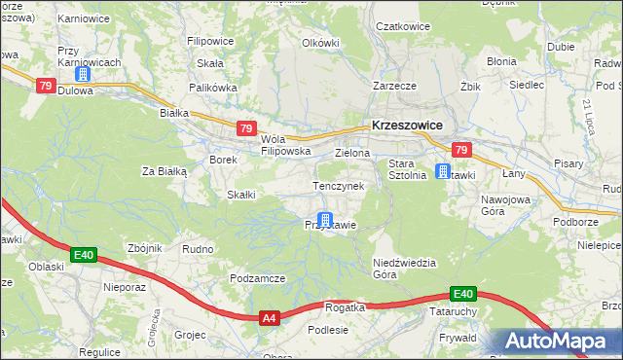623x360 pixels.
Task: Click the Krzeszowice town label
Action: (x=407, y=126)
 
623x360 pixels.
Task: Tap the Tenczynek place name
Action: (x=338, y=185)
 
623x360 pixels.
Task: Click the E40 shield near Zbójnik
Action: (x=84, y=255)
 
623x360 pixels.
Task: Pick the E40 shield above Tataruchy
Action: (x=462, y=294)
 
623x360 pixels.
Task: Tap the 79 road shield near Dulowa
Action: (x=45, y=86)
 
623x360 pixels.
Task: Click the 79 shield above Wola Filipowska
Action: (x=246, y=128)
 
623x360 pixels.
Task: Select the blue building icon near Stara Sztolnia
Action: (x=443, y=172)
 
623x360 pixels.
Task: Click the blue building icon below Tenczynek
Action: (x=325, y=221)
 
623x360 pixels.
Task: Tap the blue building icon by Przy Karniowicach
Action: (x=84, y=73)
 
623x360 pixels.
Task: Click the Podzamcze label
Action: (x=257, y=278)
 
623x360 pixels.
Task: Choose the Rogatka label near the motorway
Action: (x=344, y=306)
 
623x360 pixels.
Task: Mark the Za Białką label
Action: (x=164, y=171)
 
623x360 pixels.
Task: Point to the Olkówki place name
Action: (x=320, y=43)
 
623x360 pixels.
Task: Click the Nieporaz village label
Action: (x=124, y=288)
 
